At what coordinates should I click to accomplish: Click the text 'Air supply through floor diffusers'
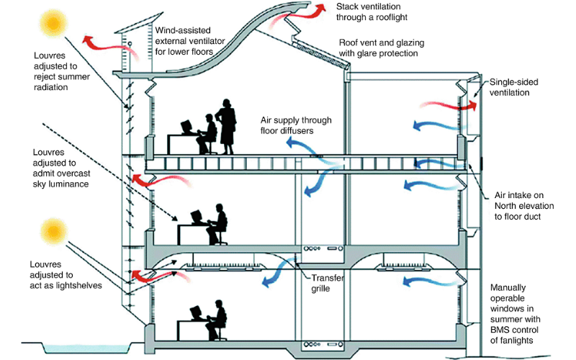pos(290,123)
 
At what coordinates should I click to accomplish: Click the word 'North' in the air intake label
pos(507,206)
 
